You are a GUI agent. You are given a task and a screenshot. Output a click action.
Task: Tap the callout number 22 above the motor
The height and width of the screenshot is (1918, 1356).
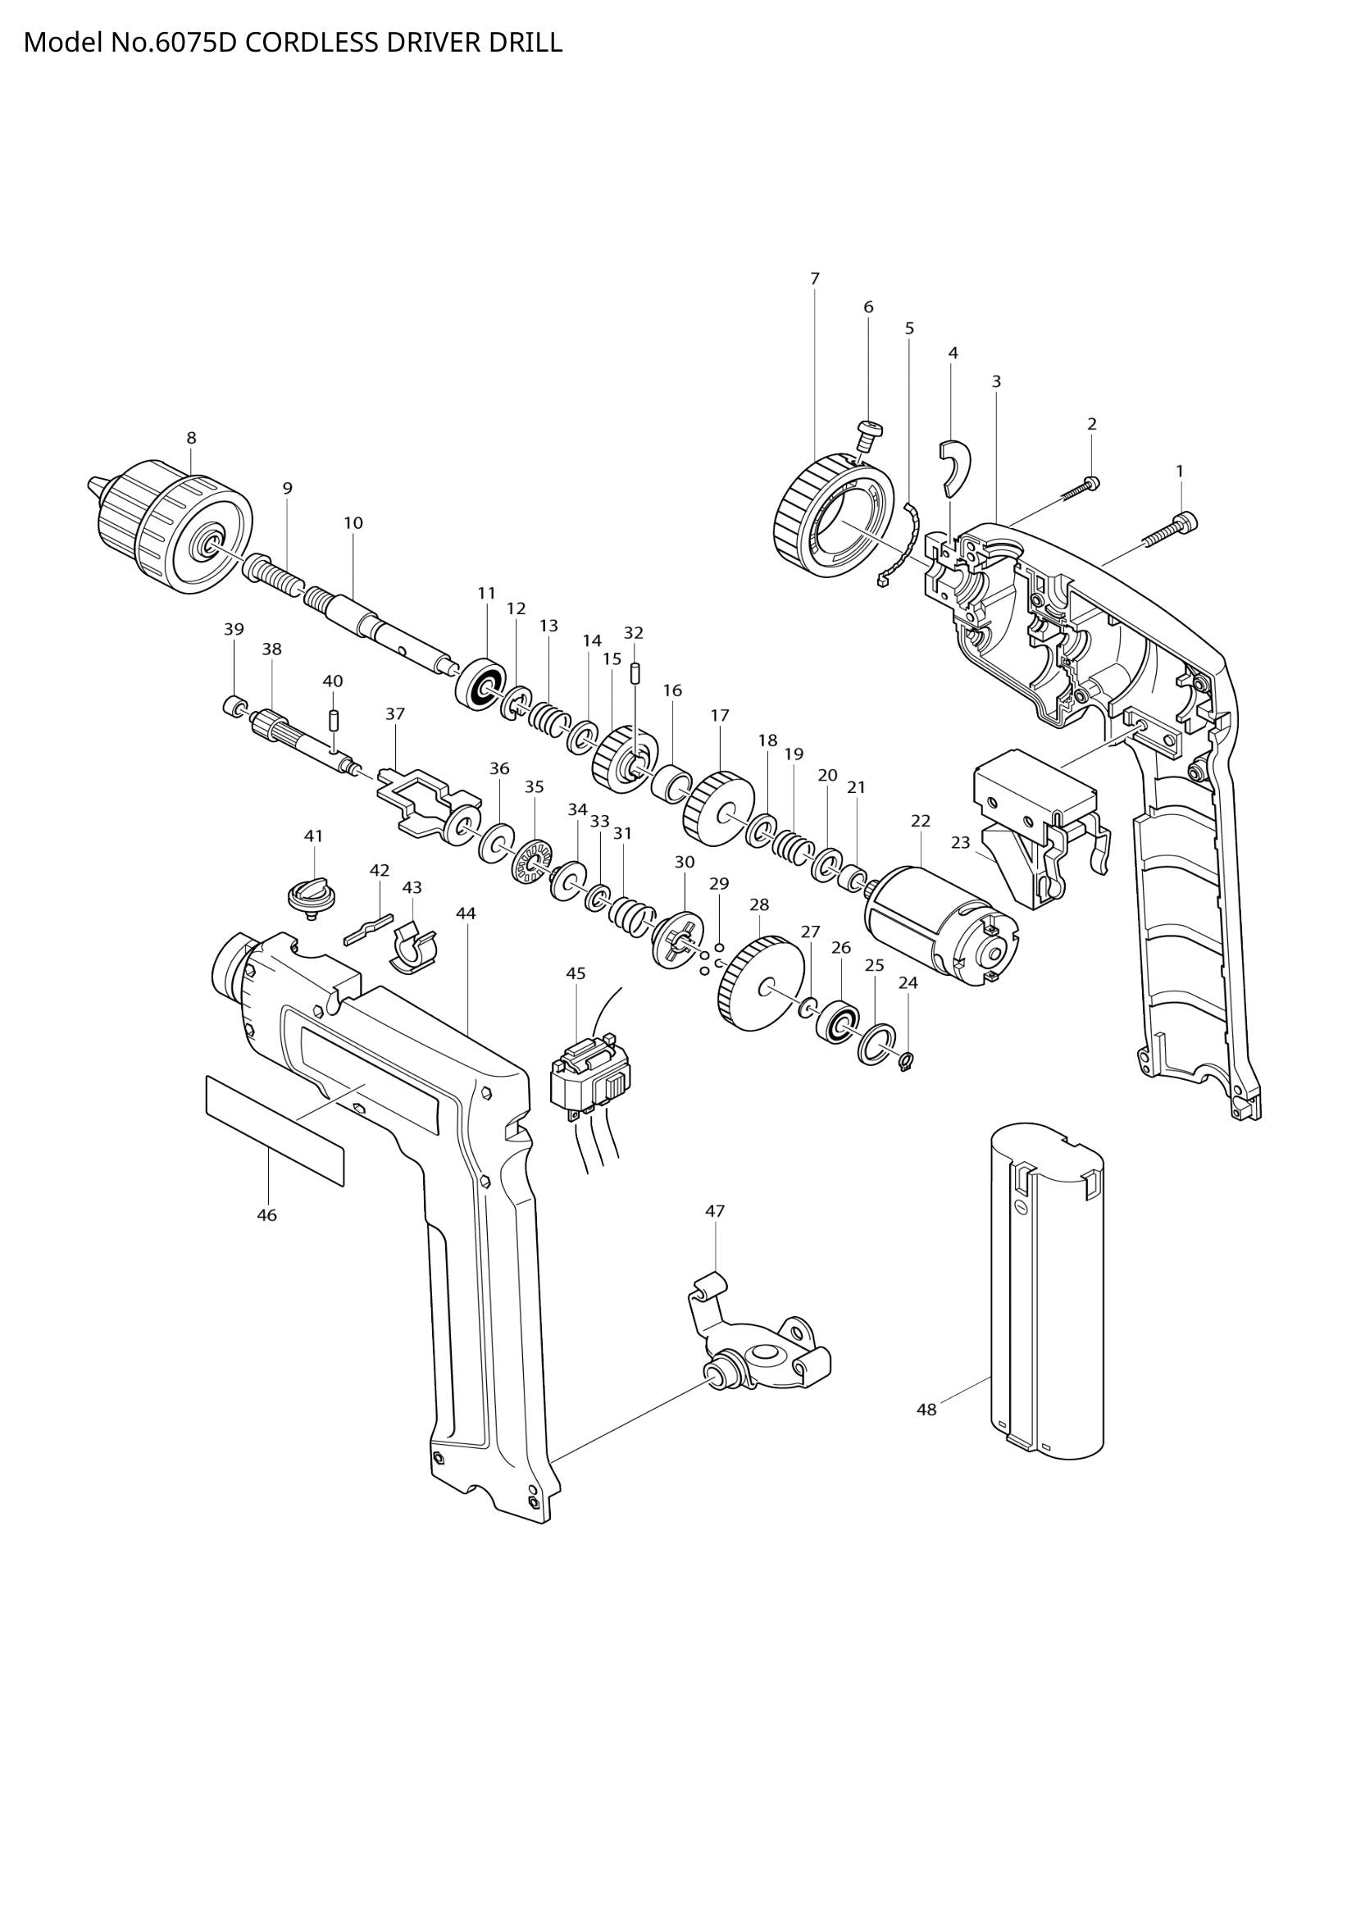point(920,821)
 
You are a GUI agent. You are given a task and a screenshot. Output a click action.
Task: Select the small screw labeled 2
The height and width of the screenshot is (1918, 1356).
point(1080,490)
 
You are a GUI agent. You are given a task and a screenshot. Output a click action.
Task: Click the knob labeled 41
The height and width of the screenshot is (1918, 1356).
point(312,896)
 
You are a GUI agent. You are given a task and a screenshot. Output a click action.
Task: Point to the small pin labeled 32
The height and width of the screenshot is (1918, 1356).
point(634,672)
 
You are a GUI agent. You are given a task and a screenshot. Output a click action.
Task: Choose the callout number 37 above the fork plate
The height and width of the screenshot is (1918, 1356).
point(395,714)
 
